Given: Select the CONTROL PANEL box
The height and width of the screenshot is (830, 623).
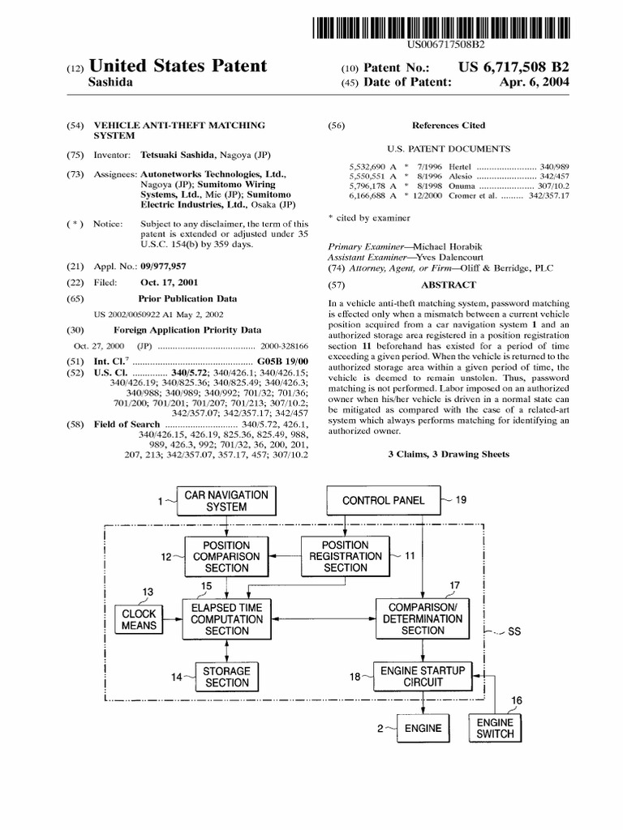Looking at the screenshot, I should coord(383,500).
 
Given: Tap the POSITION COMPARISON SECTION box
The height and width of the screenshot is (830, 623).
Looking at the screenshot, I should coord(226,557).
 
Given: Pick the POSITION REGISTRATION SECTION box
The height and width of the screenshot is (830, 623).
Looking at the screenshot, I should coord(345,557).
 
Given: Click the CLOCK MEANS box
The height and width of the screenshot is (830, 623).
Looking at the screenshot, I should coord(139,620).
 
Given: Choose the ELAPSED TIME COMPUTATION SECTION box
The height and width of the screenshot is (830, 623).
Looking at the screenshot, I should coord(226,618).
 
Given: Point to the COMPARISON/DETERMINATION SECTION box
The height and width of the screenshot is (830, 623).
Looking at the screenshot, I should coord(423,618).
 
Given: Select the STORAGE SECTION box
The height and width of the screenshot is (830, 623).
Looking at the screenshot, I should coord(226,677).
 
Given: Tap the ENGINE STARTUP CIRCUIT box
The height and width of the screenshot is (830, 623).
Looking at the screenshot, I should coord(423,676).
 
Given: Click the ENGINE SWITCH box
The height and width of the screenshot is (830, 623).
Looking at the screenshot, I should coord(495,727).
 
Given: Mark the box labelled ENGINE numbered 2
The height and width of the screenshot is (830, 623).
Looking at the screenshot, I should coord(422,728).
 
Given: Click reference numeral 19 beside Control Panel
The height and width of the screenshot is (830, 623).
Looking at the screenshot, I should coord(460,500).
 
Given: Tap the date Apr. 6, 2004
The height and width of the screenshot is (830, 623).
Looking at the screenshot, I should coord(535,83).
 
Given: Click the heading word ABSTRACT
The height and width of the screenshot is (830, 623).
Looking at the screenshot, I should coord(448,285).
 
